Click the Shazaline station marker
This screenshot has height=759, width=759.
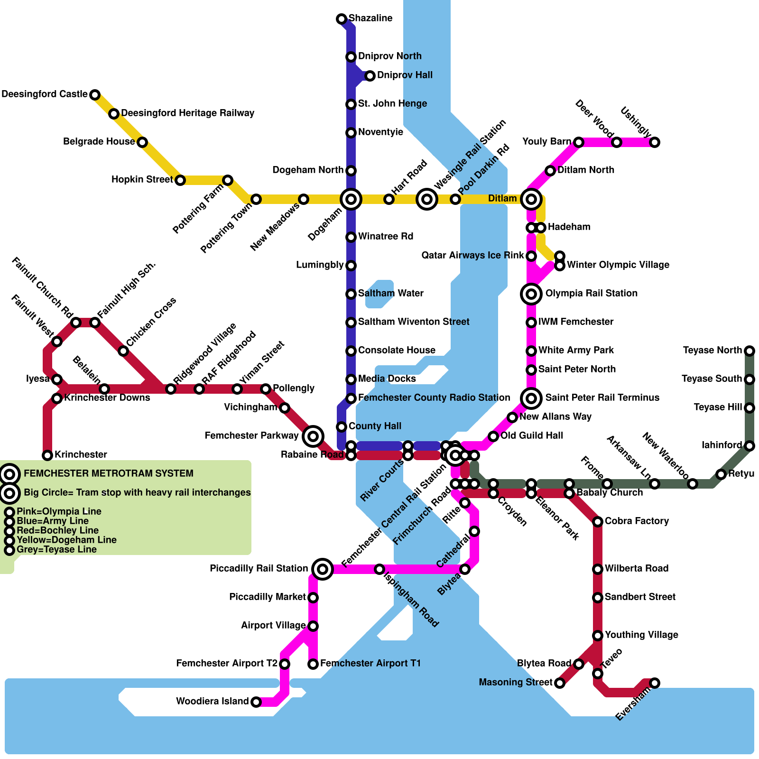[x=341, y=19]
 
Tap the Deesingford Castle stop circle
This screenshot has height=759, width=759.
[x=95, y=94]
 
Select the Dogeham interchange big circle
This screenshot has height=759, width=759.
[x=351, y=199]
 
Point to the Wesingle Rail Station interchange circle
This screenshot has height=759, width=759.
[x=427, y=199]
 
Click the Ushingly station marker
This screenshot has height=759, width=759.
[x=655, y=142]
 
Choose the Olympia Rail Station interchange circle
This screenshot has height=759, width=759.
[x=531, y=294]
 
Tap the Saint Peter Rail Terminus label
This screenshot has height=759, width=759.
[x=602, y=398]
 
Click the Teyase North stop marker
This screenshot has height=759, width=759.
[x=750, y=351]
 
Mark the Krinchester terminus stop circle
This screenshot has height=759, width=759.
[x=47, y=455]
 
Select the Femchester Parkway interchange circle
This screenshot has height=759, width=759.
[x=313, y=436]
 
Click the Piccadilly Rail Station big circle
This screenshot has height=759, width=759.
[x=323, y=569]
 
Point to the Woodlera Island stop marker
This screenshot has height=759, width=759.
[x=256, y=702]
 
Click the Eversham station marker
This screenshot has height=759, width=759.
[x=655, y=683]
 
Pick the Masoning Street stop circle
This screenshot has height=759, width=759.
[x=560, y=683]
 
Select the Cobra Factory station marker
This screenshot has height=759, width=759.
[x=598, y=522]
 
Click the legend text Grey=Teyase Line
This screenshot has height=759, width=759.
[x=56, y=550]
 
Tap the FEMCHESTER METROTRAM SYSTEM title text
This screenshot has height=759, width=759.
[x=108, y=474]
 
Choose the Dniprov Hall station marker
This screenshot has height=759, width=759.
[x=370, y=75]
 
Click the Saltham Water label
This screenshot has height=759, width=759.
[x=390, y=294]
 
